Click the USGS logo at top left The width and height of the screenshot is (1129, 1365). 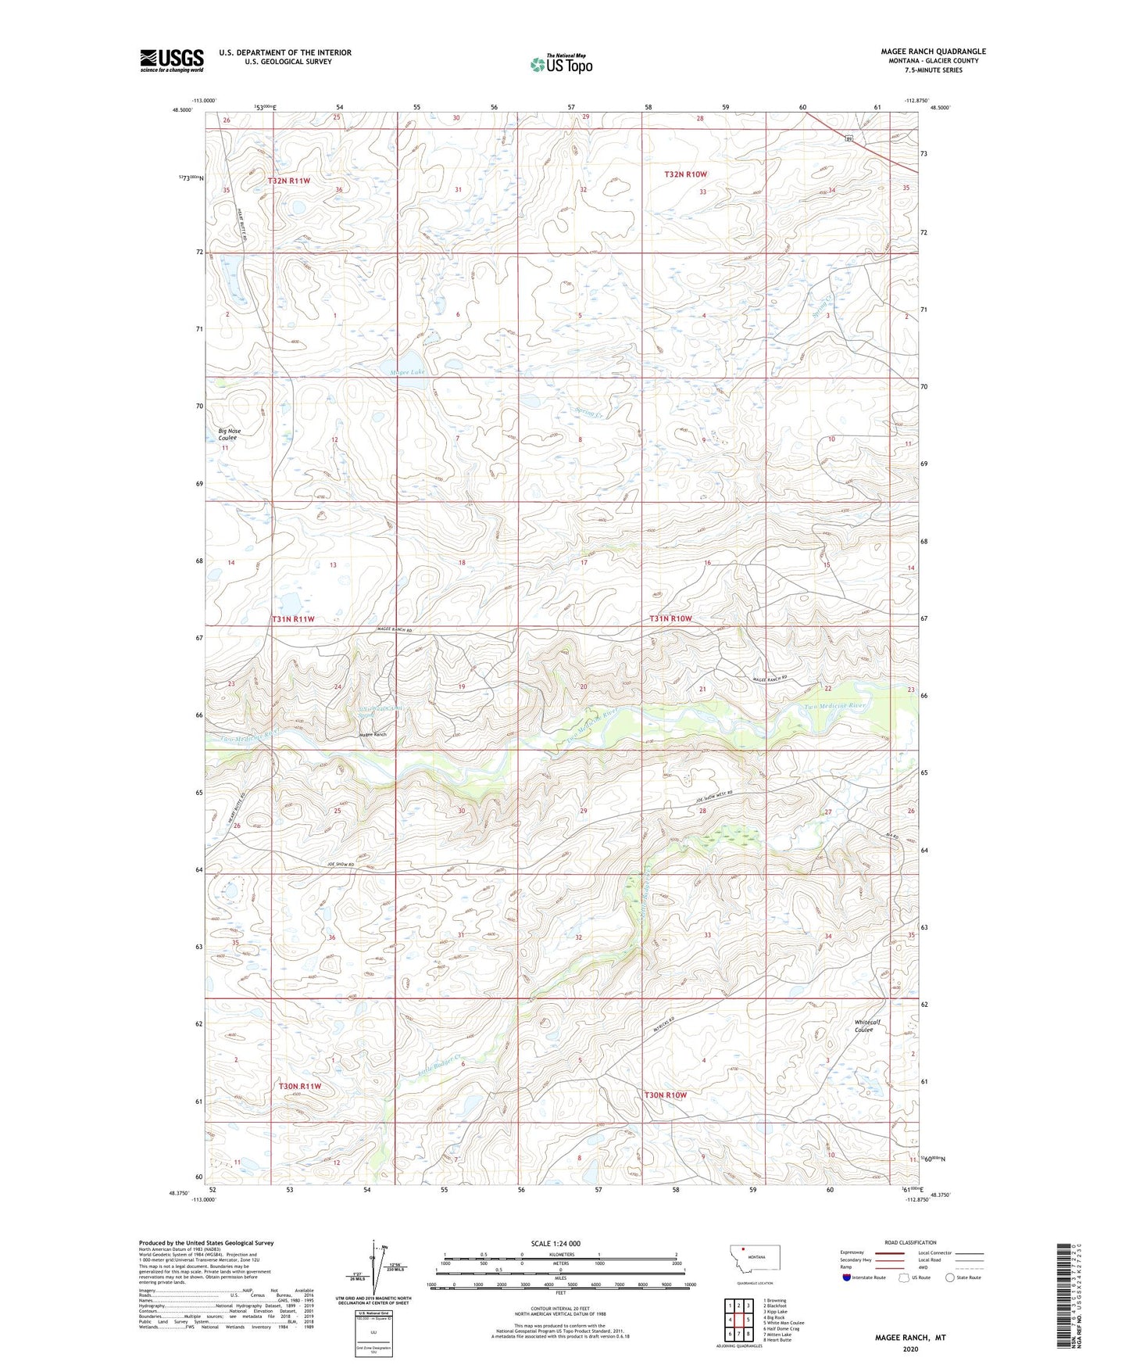171,60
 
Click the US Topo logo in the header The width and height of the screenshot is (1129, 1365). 560,63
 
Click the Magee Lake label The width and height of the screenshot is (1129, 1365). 408,373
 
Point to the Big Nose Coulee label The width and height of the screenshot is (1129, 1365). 229,435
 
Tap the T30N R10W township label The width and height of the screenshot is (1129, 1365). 665,1095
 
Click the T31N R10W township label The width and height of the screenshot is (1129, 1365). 670,618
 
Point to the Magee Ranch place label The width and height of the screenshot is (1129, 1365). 373,735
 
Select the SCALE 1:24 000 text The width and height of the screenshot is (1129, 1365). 555,1243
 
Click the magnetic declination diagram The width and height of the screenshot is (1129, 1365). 382,1270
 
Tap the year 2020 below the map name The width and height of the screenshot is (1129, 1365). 910,1349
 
